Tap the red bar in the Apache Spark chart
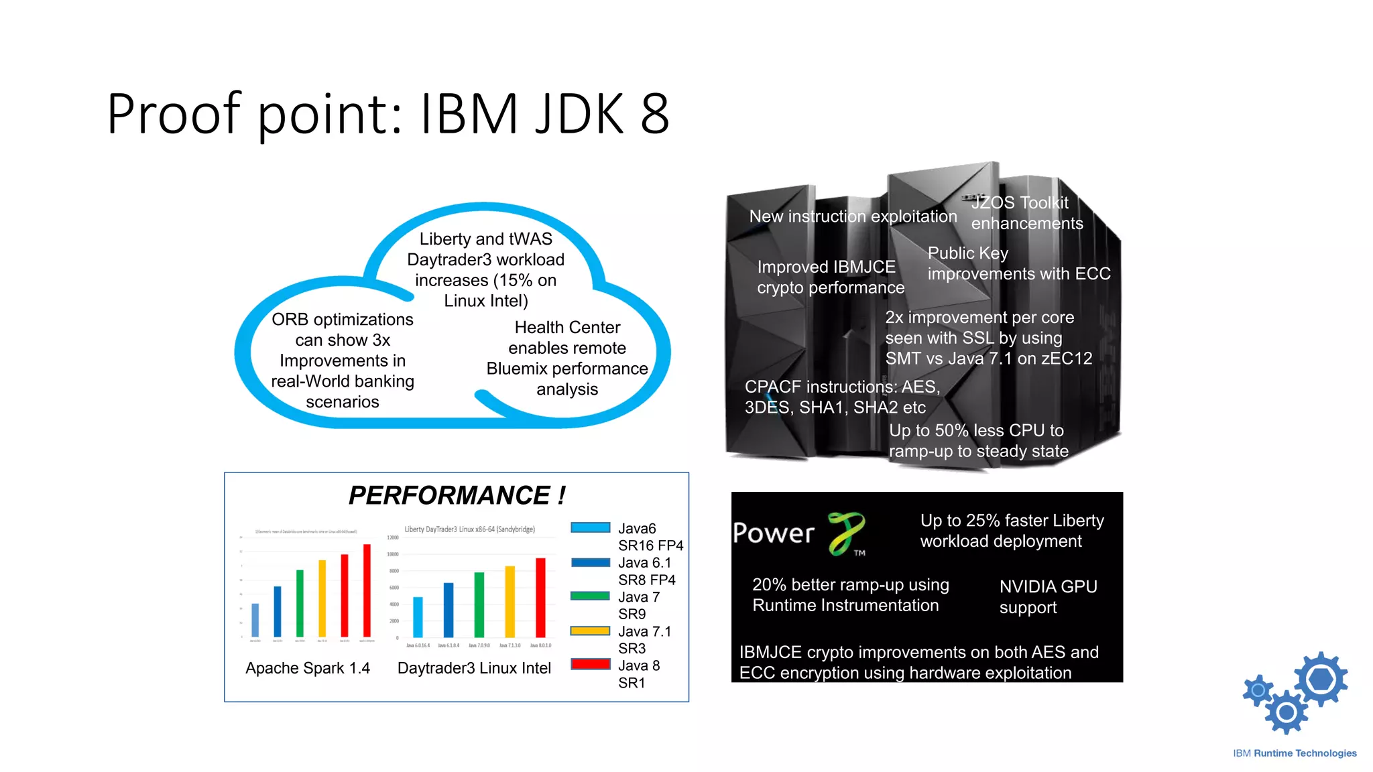pyautogui.click(x=367, y=590)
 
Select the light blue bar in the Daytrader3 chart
pyautogui.click(x=418, y=617)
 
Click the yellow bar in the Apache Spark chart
pyautogui.click(x=322, y=598)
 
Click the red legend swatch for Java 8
pyautogui.click(x=590, y=664)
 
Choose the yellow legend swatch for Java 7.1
pyautogui.click(x=590, y=631)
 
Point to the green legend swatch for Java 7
pyautogui.click(x=590, y=596)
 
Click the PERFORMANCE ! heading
pyautogui.click(x=457, y=496)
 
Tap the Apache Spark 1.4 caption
pyautogui.click(x=308, y=668)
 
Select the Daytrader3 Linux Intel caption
pyautogui.click(x=474, y=668)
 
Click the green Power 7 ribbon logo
pyautogui.click(x=846, y=533)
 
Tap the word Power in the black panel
pyautogui.click(x=774, y=533)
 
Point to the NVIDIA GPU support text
pyautogui.click(x=1048, y=596)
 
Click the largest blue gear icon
pyautogui.click(x=1321, y=680)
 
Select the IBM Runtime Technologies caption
pyautogui.click(x=1295, y=753)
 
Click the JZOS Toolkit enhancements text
pyautogui.click(x=1026, y=213)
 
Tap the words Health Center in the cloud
pyautogui.click(x=567, y=328)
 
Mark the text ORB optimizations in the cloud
pyautogui.click(x=343, y=320)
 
